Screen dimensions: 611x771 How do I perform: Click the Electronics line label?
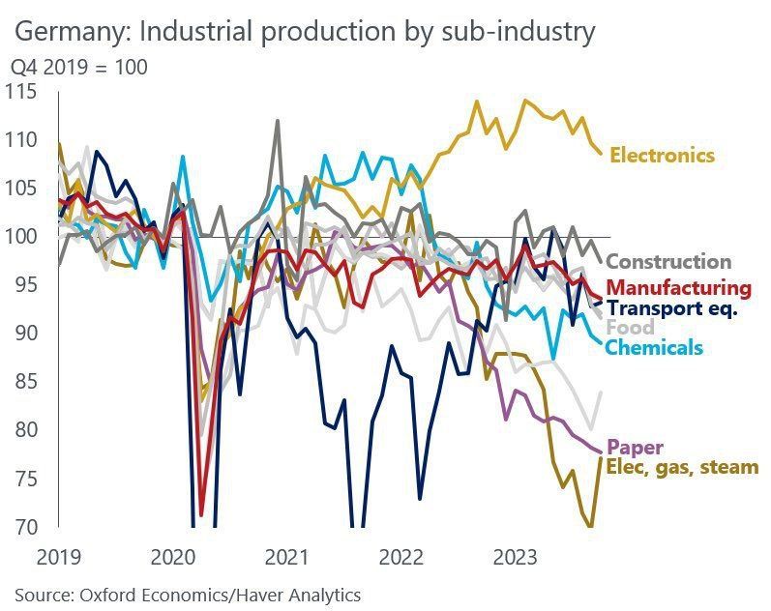(x=662, y=155)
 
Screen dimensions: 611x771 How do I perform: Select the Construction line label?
(x=667, y=261)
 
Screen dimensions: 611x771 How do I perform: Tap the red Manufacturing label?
(x=679, y=287)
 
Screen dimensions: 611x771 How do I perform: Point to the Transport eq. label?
(x=672, y=308)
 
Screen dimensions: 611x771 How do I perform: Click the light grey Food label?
(x=630, y=328)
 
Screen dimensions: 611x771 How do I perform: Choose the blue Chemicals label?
(x=654, y=347)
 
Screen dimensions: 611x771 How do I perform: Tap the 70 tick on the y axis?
(x=24, y=527)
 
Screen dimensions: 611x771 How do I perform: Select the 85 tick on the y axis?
(x=24, y=382)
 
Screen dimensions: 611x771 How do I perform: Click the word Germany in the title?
(x=74, y=32)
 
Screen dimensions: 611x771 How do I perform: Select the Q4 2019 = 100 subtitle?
(x=79, y=68)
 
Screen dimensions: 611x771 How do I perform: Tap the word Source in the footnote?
(x=41, y=595)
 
